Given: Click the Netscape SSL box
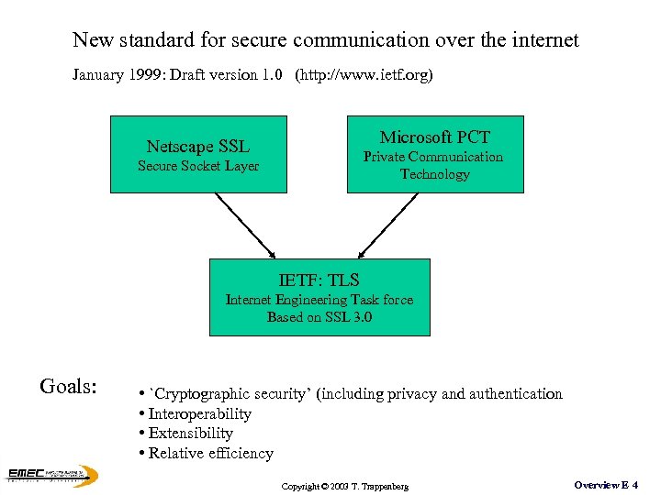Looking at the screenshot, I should [198, 153].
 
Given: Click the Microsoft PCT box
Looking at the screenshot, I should [434, 153].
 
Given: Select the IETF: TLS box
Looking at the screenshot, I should [319, 296].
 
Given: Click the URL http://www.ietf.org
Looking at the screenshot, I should [364, 75].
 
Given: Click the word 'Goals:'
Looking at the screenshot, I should [69, 386].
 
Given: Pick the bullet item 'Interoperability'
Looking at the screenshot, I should [199, 413].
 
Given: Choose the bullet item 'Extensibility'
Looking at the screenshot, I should [190, 433].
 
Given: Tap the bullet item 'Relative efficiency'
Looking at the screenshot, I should [210, 453].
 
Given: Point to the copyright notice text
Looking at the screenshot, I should [345, 485].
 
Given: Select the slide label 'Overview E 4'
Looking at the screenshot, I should [606, 484].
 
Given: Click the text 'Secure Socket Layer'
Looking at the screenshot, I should [198, 166].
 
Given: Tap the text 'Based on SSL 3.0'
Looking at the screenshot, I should [319, 317].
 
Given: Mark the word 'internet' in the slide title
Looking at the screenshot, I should [543, 40].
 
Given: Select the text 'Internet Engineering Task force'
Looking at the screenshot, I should [319, 300].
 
